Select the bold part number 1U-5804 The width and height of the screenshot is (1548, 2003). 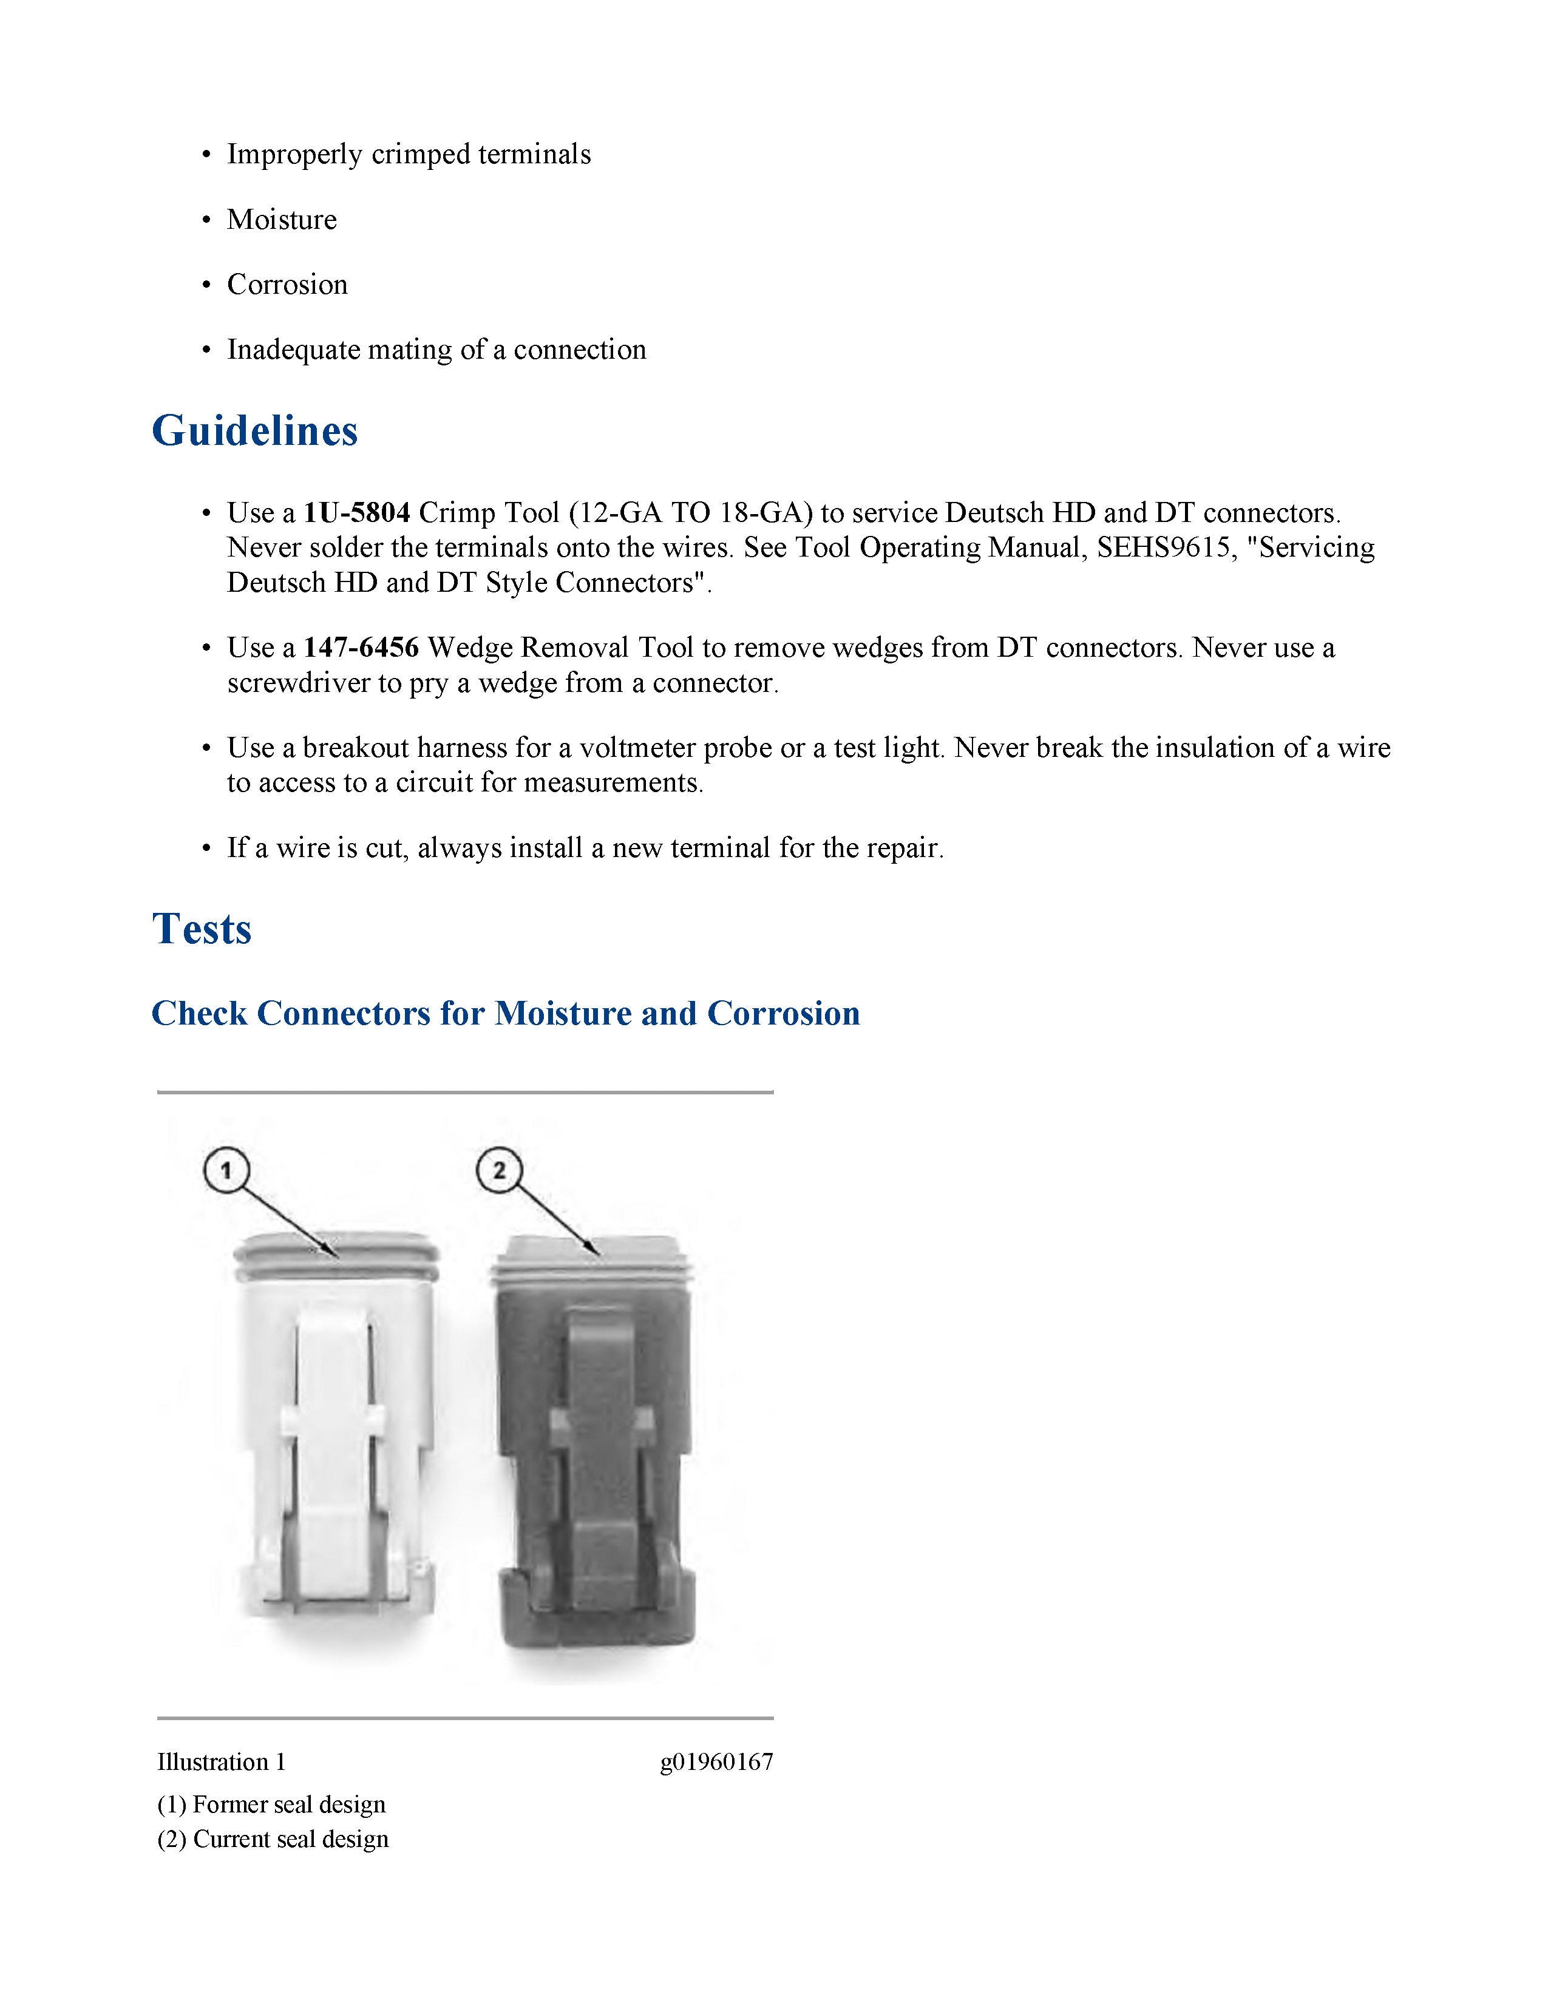pyautogui.click(x=357, y=513)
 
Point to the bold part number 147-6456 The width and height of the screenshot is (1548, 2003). pyautogui.click(x=361, y=648)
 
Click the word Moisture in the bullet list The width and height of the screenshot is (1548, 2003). pyautogui.click(x=282, y=220)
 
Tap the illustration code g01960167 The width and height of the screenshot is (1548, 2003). pyautogui.click(x=716, y=1762)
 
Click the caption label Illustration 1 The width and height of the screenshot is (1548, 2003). pyautogui.click(x=221, y=1762)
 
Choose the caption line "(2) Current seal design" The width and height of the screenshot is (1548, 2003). pyautogui.click(x=273, y=1840)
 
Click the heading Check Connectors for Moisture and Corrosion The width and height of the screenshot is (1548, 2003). pyautogui.click(x=505, y=1014)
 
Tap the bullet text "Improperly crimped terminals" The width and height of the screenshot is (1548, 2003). pyautogui.click(x=409, y=155)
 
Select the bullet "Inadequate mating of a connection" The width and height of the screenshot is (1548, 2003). pyautogui.click(x=436, y=350)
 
